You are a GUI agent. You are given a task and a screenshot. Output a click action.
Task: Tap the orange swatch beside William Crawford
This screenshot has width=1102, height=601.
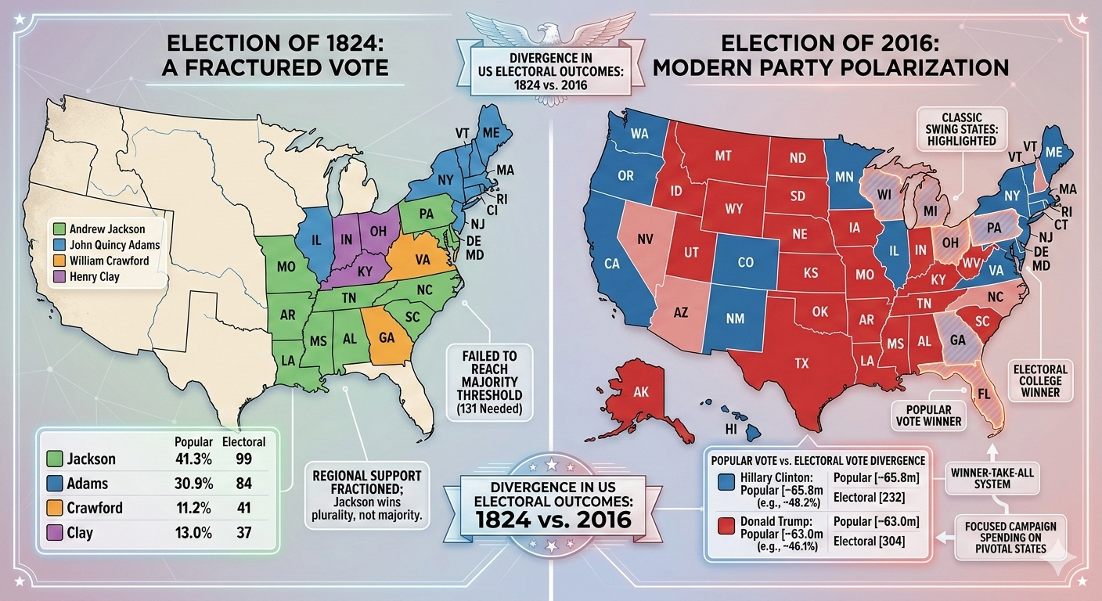[x=59, y=261]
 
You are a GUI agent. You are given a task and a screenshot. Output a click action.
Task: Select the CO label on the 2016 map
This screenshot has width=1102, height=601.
[x=745, y=263]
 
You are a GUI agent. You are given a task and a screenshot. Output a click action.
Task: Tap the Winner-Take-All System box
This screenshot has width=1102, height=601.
[x=992, y=477]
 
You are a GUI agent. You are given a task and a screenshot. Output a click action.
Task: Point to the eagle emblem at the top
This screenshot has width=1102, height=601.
[x=550, y=29]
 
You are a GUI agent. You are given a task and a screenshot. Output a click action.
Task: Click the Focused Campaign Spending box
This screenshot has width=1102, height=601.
[x=1010, y=537]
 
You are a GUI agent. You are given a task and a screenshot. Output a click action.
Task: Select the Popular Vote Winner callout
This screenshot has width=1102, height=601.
[x=929, y=416]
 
